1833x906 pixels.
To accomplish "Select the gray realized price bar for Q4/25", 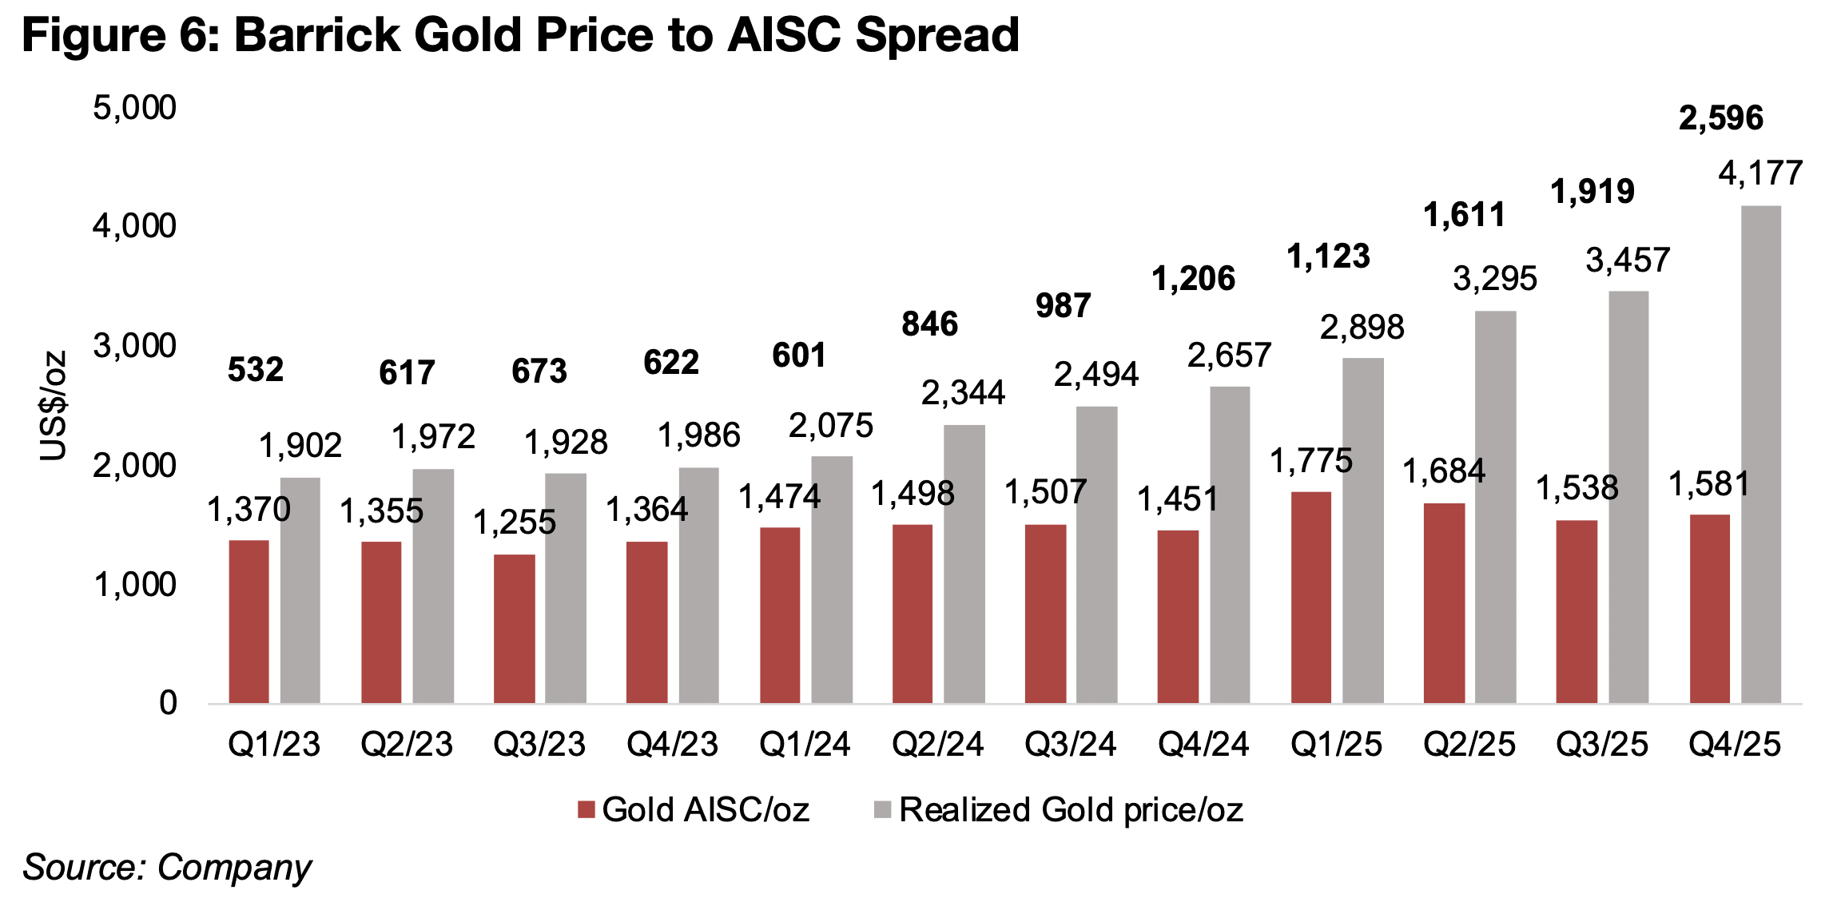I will coord(1761,455).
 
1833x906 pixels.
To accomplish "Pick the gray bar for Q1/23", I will coord(300,590).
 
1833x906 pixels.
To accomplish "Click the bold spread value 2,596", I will coord(1720,118).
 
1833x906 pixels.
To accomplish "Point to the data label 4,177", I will coord(1760,173).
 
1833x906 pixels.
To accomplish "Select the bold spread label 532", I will coord(256,369).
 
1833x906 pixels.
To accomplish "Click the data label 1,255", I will coord(515,523).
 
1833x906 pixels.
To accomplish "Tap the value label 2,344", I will coord(963,392).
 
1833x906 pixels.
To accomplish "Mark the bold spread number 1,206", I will coord(1193,279).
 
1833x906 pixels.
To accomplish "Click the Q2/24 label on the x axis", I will coord(937,745).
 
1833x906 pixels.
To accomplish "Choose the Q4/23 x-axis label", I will coord(672,745).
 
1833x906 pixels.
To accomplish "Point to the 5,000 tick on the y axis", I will coord(134,108).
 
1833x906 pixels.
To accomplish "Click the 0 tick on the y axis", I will coord(168,703).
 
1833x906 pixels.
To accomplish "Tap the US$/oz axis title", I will coord(54,406).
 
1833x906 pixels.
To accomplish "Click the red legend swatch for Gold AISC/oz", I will coord(586,810).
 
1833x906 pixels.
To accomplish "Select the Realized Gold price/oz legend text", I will coord(1071,810).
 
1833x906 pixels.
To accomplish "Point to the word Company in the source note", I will coord(234,868).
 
